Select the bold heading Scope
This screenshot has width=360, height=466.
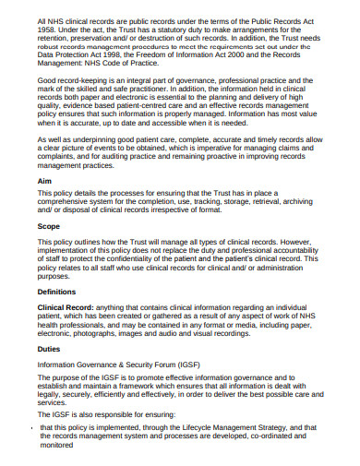click(x=49, y=225)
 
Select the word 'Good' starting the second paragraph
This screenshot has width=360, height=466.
click(x=48, y=83)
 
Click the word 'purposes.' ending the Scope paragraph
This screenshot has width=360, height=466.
click(x=55, y=275)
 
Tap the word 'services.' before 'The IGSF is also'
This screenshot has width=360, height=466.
click(x=54, y=403)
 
